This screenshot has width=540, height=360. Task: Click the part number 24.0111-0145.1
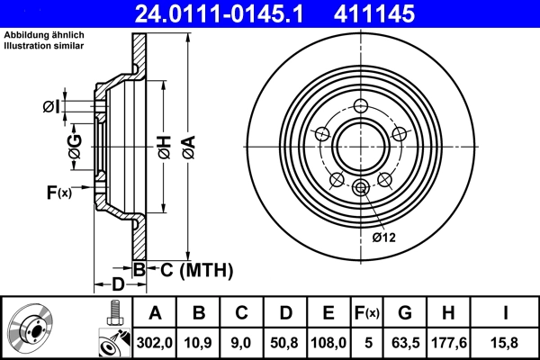pyautogui.click(x=234, y=13)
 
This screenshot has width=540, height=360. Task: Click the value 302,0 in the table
pyautogui.click(x=155, y=342)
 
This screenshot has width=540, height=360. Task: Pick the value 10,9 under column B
pyautogui.click(x=199, y=342)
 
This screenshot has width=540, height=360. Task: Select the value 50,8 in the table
pyautogui.click(x=285, y=342)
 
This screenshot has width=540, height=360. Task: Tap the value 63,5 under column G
pyautogui.click(x=405, y=342)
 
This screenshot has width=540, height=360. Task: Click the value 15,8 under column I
pyautogui.click(x=506, y=342)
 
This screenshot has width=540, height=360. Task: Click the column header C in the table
pyautogui.click(x=242, y=313)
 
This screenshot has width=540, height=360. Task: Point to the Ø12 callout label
pyautogui.click(x=384, y=237)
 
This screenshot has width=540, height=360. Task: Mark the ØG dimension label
pyautogui.click(x=76, y=145)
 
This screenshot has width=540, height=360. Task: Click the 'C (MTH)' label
pyautogui.click(x=196, y=269)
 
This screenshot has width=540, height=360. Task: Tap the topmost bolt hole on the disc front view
pyautogui.click(x=361, y=105)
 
